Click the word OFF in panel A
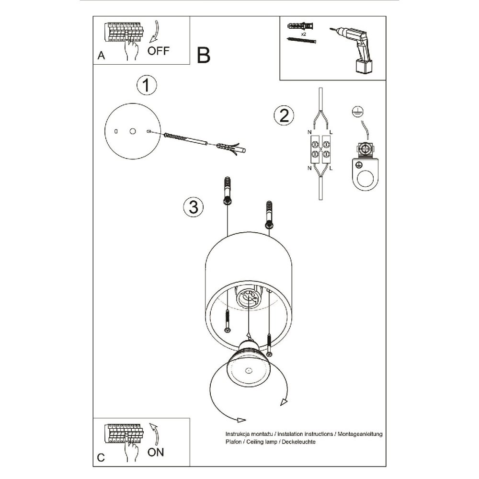159,51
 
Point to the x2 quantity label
304,35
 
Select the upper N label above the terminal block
308,132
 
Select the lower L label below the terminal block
331,168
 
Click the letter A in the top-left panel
101,56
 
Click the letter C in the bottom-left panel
101,457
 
